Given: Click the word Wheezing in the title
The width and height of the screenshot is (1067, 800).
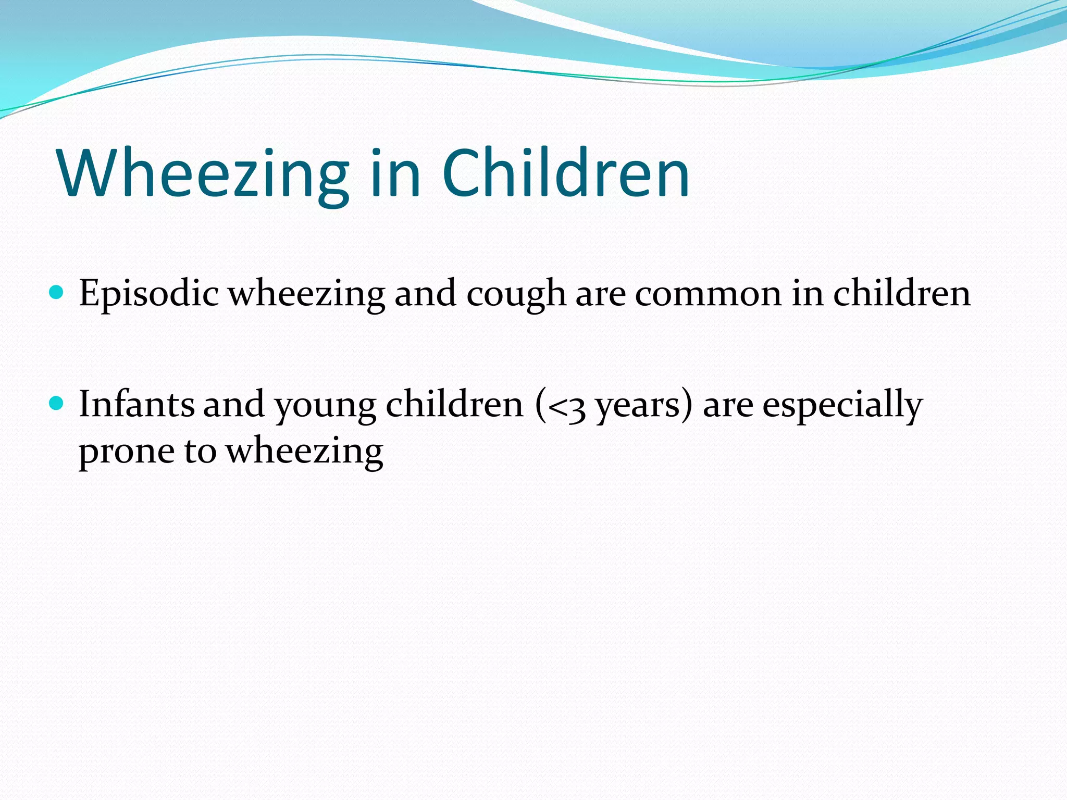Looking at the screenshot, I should [x=203, y=174].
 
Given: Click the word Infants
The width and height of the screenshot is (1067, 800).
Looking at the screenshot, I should [x=137, y=405].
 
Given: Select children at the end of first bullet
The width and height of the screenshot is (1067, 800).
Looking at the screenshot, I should [x=902, y=293].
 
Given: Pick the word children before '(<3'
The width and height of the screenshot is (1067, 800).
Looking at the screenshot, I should [x=454, y=405].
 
